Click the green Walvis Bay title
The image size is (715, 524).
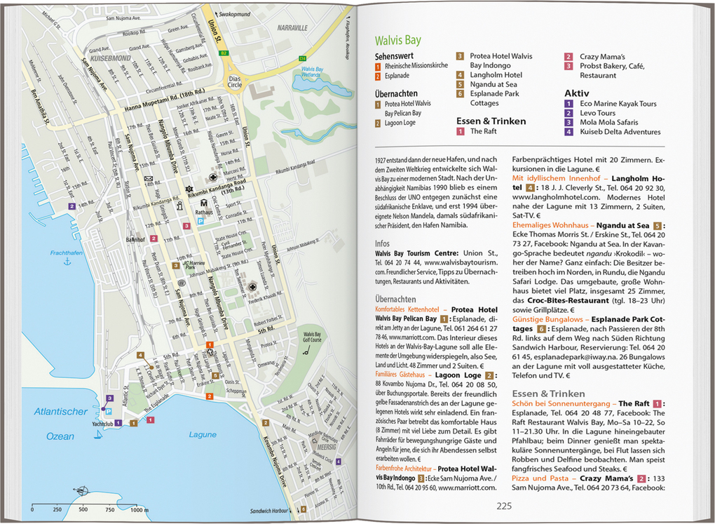point(397,40)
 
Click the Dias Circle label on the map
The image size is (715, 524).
point(235,81)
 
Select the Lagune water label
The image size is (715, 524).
point(203,435)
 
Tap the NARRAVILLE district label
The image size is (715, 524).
point(292,28)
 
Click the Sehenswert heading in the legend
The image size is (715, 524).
point(394,55)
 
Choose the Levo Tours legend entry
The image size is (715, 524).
point(597,113)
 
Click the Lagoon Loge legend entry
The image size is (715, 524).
point(400,123)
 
